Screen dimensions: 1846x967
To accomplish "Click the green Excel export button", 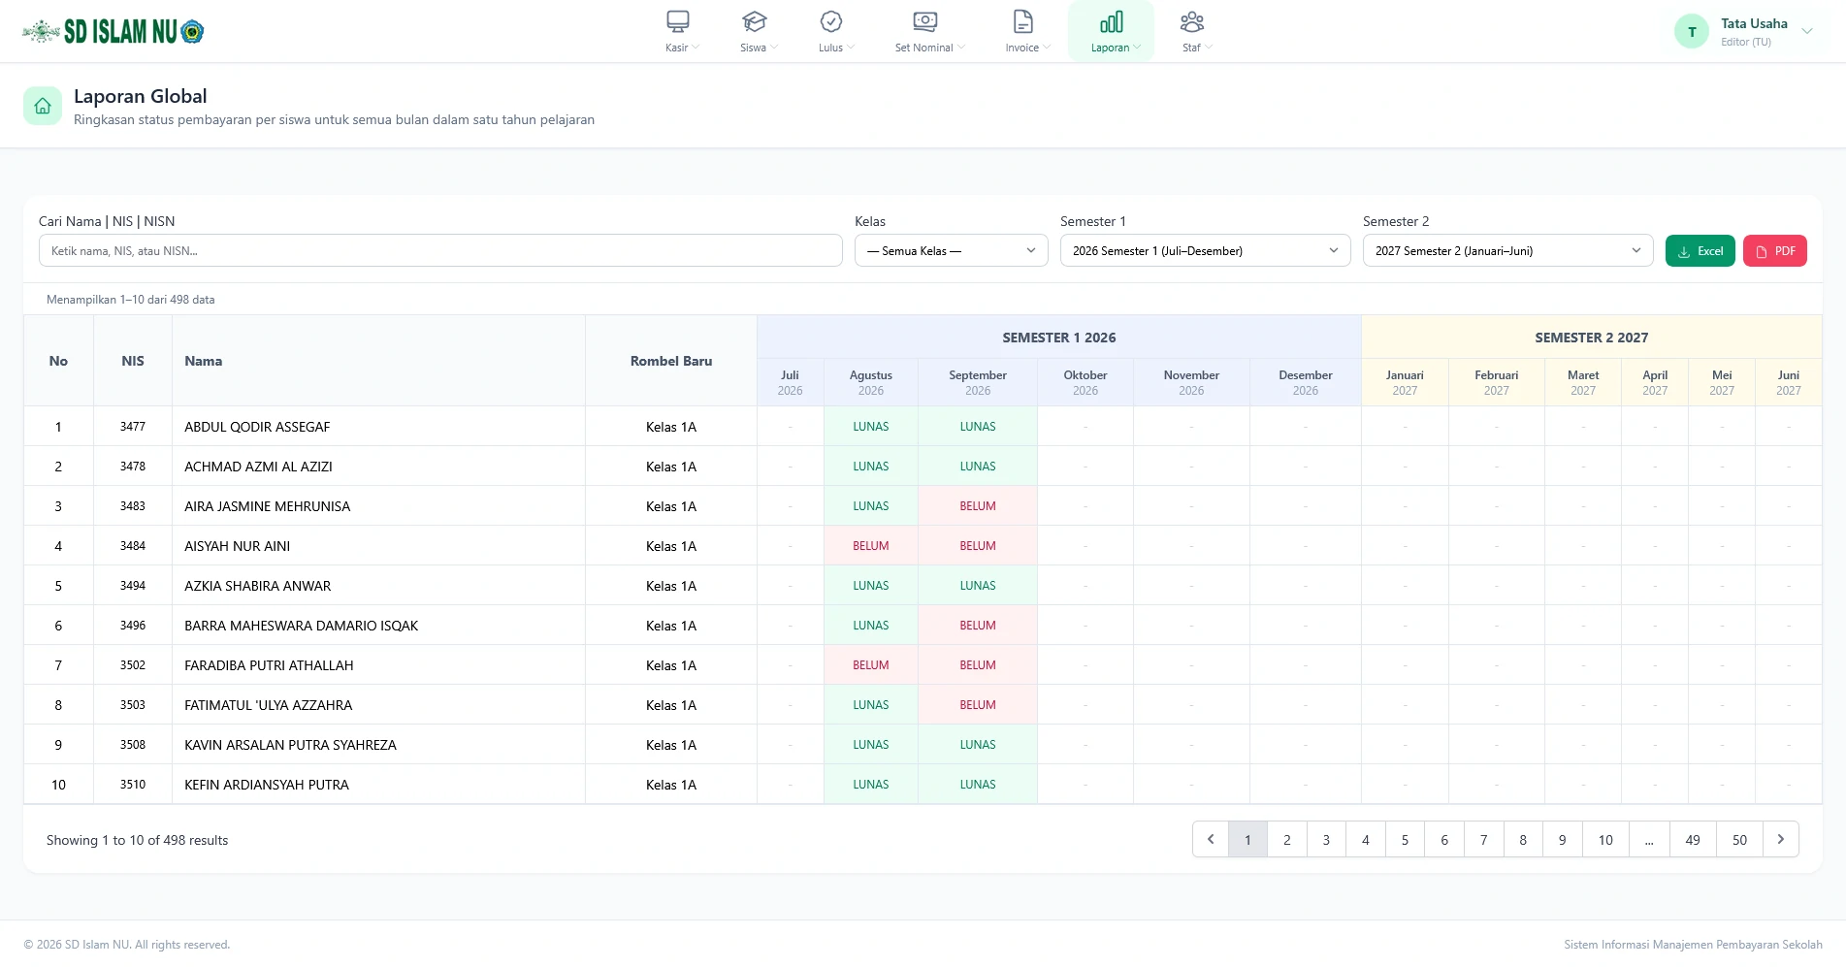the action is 1700,251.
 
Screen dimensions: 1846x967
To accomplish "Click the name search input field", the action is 440,251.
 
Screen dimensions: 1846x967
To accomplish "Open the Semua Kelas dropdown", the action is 951,251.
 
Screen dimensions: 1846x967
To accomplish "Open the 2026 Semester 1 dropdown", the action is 1205,251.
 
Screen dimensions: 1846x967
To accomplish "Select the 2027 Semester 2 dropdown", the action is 1507,251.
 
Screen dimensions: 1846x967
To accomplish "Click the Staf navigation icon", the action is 1192,21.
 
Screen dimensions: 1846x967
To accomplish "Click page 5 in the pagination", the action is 1405,840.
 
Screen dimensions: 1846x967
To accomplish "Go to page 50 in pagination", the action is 1739,840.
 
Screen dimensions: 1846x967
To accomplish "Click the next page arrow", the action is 1781,840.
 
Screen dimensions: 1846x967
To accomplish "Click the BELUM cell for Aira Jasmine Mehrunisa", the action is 978,506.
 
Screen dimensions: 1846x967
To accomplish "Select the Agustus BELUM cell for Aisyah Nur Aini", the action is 871,546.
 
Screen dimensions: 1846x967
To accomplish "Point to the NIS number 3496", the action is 133,626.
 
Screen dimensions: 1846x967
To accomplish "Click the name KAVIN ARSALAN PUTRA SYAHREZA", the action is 290,745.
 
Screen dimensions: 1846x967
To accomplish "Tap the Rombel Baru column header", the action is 671,361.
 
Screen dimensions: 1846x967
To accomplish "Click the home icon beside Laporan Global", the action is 43,106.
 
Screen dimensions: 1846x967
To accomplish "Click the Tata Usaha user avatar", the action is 1692,32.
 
